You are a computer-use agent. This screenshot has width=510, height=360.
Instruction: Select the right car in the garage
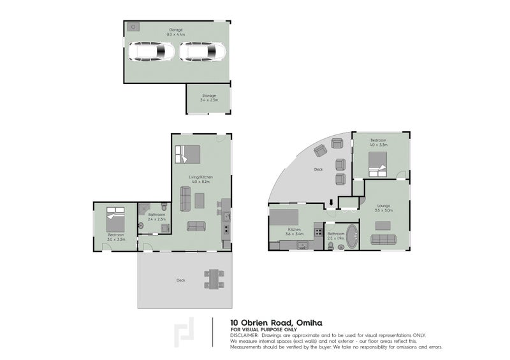coord(202,52)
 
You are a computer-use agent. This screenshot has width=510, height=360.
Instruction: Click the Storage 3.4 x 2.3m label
coord(208,98)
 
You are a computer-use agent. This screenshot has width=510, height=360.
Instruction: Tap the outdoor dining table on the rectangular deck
coord(214,279)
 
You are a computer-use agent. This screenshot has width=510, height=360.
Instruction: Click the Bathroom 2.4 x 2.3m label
coord(156,217)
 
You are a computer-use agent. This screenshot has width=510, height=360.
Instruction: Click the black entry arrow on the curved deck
coord(331,203)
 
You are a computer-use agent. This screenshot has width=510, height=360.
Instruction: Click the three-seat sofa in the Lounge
coord(383,240)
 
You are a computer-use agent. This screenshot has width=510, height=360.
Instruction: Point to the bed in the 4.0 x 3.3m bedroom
coord(377,169)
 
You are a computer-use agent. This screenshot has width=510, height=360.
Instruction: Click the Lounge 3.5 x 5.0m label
coord(384,208)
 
